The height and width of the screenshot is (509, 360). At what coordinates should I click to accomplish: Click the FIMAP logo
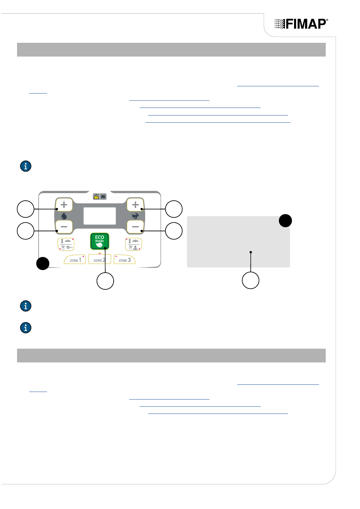pos(301,24)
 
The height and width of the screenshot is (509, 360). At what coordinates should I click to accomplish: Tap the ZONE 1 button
pos(75,259)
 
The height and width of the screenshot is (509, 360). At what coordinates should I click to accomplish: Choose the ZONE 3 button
pos(125,259)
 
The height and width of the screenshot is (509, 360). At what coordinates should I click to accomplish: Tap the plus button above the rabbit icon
pos(135,205)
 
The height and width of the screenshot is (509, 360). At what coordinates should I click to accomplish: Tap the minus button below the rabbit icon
pos(135,226)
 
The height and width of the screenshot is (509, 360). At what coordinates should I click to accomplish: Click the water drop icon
pos(64,215)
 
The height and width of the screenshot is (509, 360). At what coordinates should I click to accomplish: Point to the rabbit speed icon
pos(135,215)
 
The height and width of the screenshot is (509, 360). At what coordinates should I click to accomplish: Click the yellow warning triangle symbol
pos(96,197)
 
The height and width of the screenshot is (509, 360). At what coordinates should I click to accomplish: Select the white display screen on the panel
pos(100,216)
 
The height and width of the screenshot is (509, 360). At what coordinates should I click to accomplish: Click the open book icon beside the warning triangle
pos(103,197)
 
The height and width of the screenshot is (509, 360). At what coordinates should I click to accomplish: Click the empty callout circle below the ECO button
pos(105,281)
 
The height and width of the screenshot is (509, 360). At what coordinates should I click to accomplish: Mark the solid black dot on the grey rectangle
pos(285,221)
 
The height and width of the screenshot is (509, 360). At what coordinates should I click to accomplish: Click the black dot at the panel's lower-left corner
pos(43,264)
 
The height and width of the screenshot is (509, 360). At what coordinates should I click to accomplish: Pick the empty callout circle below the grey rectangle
pos(250,280)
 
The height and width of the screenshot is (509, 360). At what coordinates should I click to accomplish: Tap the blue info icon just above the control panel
pos(26,166)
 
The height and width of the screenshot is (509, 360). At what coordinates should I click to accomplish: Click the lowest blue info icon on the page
pos(26,328)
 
